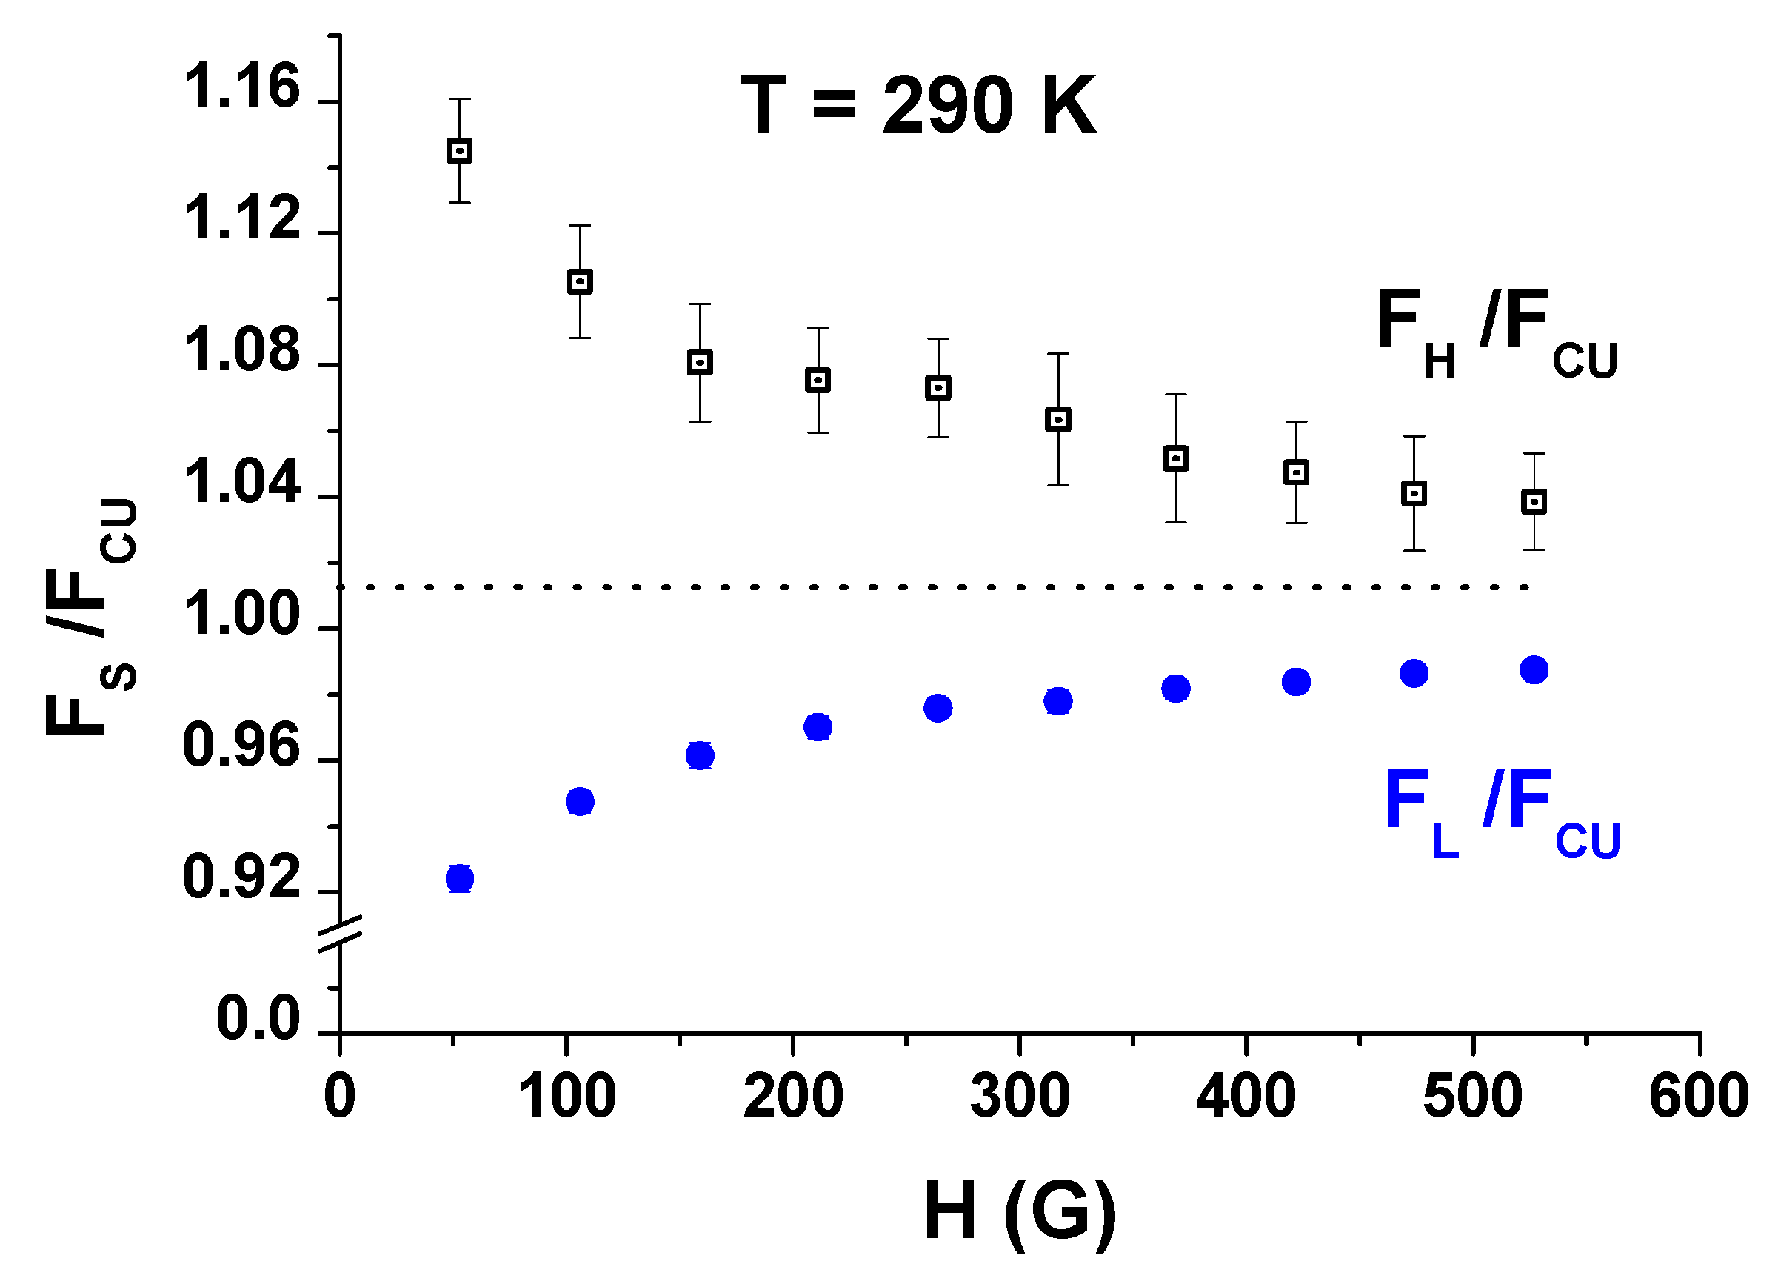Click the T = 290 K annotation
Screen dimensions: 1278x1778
pos(918,106)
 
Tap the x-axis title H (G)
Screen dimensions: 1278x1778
pos(1019,1211)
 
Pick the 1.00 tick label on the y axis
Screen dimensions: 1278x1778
pos(241,615)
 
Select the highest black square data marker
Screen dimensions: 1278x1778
pos(459,150)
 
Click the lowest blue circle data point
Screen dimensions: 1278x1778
pos(459,879)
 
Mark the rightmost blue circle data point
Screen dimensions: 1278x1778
pos(1534,669)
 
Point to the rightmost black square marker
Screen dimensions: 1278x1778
pos(1534,502)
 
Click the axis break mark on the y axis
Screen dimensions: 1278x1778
pos(340,934)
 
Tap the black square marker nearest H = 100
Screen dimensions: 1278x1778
pos(579,281)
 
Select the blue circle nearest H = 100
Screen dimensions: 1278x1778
pos(579,801)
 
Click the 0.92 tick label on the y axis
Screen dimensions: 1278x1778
pos(241,877)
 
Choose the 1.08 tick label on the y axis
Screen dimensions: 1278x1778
pos(241,351)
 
